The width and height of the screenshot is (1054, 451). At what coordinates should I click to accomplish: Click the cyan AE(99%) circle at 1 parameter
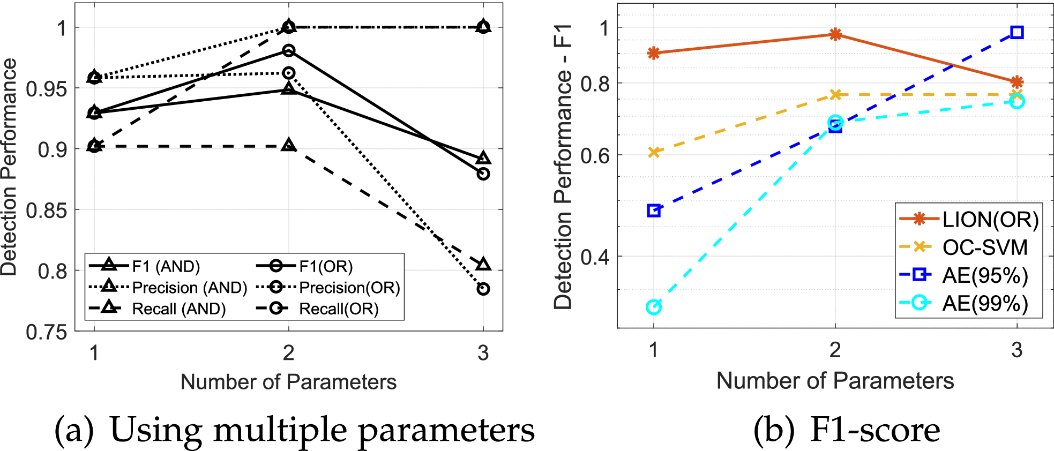tap(653, 307)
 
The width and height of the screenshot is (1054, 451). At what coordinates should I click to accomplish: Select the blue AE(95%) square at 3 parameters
tap(1016, 32)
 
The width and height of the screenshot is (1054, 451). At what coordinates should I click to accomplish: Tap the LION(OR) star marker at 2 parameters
tap(835, 35)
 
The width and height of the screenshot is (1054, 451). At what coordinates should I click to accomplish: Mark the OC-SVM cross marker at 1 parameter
tap(653, 153)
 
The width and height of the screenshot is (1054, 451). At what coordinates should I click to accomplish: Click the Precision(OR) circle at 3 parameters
tap(483, 289)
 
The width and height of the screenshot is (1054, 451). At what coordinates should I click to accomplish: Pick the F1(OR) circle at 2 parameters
tap(289, 51)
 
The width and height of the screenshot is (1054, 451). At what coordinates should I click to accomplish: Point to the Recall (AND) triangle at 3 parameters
tap(483, 265)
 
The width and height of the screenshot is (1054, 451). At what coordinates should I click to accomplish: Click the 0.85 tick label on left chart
tap(46, 211)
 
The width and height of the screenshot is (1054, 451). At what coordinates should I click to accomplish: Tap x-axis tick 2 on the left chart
tap(289, 353)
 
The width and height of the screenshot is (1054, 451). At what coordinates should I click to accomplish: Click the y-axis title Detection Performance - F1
tap(563, 166)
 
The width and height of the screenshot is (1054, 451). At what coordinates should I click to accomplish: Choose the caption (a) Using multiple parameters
tap(295, 430)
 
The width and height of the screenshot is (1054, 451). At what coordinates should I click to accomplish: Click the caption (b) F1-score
tap(847, 430)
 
